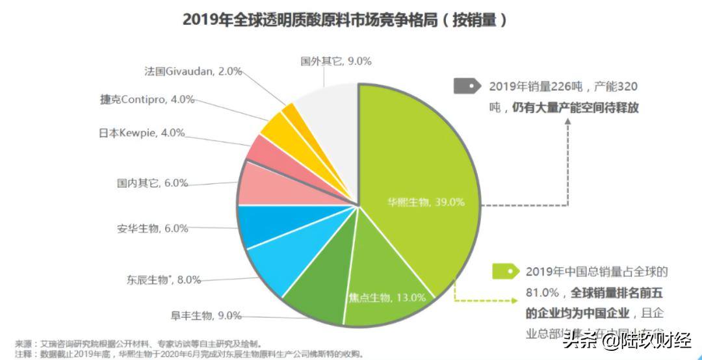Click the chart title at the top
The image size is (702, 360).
[344, 19]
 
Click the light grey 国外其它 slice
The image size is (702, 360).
[328, 123]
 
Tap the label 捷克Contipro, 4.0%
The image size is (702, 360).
[147, 100]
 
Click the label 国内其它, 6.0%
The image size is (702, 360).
[153, 183]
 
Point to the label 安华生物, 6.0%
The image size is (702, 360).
[153, 228]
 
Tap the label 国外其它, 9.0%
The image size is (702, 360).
[335, 61]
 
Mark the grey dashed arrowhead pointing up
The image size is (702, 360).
[567, 122]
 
